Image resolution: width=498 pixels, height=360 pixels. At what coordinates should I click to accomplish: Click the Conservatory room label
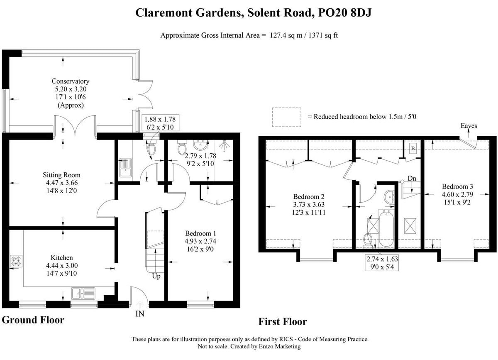coord(70,81)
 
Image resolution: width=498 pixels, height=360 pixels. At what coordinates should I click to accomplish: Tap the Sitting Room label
coord(61,175)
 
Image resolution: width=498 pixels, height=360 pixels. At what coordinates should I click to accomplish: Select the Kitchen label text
coord(61,257)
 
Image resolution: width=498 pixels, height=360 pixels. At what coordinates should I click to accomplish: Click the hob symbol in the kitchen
coord(15,262)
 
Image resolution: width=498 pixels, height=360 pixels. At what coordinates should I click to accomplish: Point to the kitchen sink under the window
coord(83,294)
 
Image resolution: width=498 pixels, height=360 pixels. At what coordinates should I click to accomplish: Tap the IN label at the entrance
coord(140,314)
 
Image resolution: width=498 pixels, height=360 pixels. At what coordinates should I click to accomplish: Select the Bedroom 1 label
coord(200,233)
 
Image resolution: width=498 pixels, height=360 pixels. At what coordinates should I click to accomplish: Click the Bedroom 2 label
coord(308,196)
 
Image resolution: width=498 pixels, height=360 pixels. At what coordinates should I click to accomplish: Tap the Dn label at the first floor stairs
coord(412,178)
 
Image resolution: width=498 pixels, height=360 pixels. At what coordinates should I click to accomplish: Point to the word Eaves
coord(469,126)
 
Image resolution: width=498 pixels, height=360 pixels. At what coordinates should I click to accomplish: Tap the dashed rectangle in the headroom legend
coord(286,117)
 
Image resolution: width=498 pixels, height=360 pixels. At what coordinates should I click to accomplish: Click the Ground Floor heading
coord(33,320)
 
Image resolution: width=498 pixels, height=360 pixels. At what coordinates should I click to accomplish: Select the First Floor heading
coord(283,321)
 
